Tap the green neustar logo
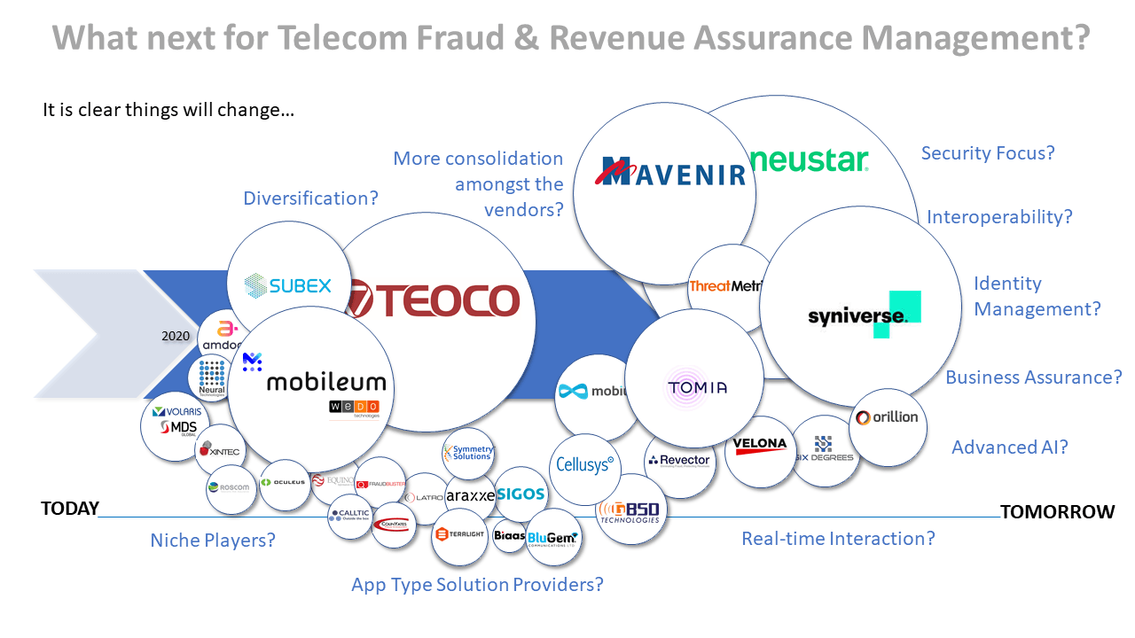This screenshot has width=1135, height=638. pos(809,160)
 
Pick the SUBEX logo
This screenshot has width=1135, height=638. pos(287,285)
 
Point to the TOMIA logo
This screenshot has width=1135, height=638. pos(697,387)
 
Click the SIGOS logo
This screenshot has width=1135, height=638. pos(521,494)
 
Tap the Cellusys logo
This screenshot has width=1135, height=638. pos(584,464)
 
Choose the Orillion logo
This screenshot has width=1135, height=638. pos(888,417)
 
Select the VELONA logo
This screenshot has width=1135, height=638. pos(760,445)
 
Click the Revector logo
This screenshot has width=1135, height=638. pos(679,460)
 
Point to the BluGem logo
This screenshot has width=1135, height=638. pos(552,538)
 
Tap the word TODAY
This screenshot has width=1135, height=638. pos(70,510)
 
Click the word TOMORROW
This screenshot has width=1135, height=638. pos(1057,511)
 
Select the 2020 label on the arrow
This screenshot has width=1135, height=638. pos(176,336)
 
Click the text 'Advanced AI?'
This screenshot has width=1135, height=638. pos(1009,447)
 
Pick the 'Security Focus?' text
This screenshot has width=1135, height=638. pos(988,153)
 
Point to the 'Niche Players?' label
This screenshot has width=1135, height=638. pos(213,540)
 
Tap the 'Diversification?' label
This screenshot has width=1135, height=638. pos(310,198)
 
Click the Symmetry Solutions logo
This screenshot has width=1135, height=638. pos(469,453)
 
